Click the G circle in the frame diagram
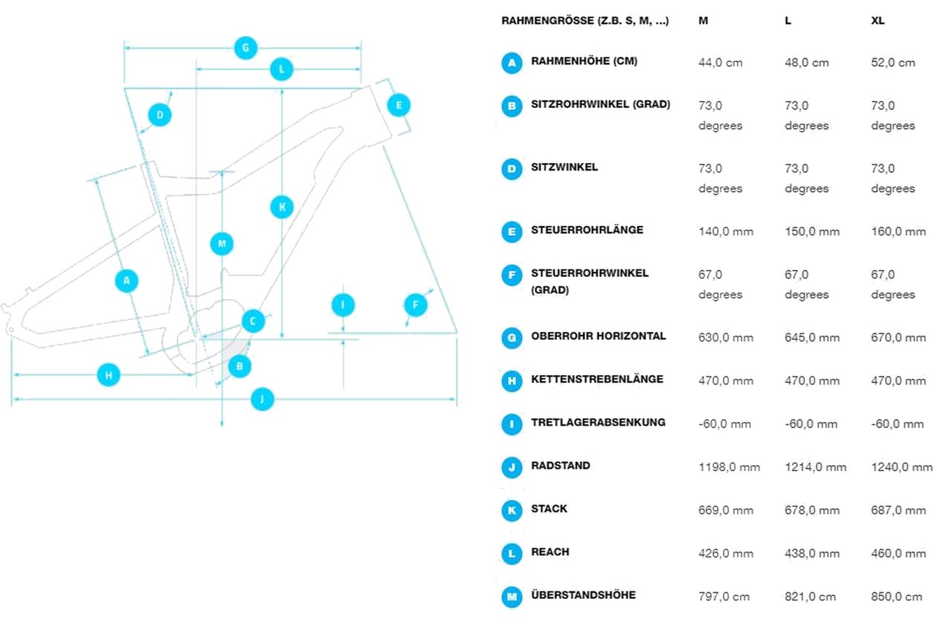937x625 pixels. [245, 48]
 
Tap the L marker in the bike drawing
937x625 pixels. [282, 69]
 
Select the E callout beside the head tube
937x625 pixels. [399, 105]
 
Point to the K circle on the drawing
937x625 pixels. [282, 207]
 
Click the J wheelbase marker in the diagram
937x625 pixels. [263, 399]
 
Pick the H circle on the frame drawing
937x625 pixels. [109, 375]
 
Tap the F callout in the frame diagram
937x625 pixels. [416, 305]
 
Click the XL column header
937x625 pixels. [878, 21]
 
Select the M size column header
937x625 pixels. [703, 21]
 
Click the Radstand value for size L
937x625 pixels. [815, 467]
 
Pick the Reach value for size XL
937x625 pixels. [898, 554]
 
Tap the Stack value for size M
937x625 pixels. [726, 510]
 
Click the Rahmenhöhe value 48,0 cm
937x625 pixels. [806, 62]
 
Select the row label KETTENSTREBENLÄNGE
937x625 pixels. [597, 379]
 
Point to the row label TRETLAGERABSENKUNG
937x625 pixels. [598, 423]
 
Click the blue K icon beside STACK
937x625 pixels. [512, 510]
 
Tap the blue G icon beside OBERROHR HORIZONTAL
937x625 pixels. [512, 338]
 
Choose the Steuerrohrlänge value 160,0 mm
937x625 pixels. [898, 231]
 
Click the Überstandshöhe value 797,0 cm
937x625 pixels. [724, 597]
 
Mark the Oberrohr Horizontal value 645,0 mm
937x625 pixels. [812, 337]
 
